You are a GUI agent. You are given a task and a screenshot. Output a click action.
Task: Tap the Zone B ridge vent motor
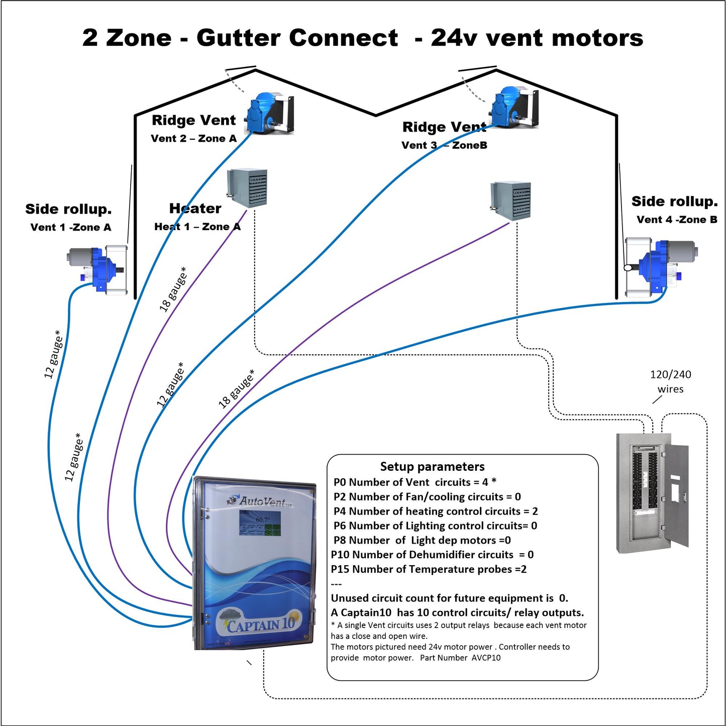coord(513,107)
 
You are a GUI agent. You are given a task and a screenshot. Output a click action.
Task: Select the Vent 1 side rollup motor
coord(98,269)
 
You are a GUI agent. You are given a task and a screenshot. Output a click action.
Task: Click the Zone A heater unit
coord(247,188)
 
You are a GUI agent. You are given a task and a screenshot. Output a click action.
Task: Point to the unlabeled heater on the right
coord(510,200)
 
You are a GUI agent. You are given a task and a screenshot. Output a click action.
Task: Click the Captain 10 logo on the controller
coord(259,623)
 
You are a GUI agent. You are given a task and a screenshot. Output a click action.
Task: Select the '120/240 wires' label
coord(670,382)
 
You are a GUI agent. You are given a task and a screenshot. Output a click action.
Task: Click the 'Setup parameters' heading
coord(432,467)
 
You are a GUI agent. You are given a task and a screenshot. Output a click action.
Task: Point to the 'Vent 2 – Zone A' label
coord(193,139)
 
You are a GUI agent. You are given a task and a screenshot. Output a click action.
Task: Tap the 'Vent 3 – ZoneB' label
coord(444,146)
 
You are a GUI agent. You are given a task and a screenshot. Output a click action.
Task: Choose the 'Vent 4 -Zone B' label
coord(676,220)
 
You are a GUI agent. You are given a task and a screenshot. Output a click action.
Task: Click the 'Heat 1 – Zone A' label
coord(197,227)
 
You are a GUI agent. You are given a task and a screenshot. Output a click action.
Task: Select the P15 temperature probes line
coord(429,569)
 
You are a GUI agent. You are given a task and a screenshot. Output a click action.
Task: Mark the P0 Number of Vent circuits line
coord(414,482)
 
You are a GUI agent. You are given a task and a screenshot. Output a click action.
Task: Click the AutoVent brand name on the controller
coord(262,501)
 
